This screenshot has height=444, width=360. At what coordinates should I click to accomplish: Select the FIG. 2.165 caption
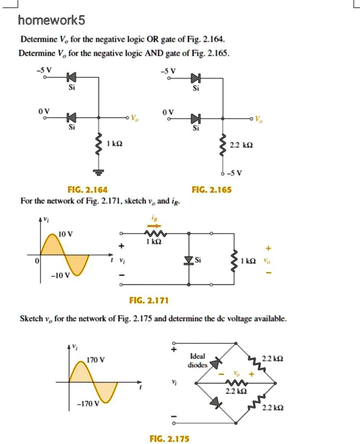click(x=212, y=190)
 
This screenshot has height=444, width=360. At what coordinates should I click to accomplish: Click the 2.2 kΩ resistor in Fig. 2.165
click(x=222, y=144)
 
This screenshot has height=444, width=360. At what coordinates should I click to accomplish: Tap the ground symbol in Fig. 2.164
click(x=99, y=171)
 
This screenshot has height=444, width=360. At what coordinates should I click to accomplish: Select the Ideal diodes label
click(x=197, y=360)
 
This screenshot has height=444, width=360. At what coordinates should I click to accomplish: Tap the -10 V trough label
click(x=60, y=275)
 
